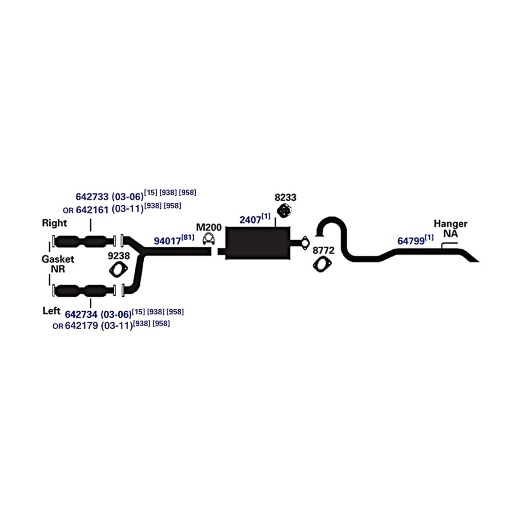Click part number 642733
coord(92,196)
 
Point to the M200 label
coord(208,226)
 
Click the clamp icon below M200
coord(208,238)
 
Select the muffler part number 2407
coord(250,220)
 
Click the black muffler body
coord(257,243)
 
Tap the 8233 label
coord(285,197)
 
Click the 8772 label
coord(324,250)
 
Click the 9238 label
coord(118,254)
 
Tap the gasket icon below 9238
coord(118,269)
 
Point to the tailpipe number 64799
coord(411,241)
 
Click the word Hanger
coord(451,224)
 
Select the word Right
coord(54,223)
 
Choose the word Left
coord(52,311)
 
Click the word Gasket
coord(58,259)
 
